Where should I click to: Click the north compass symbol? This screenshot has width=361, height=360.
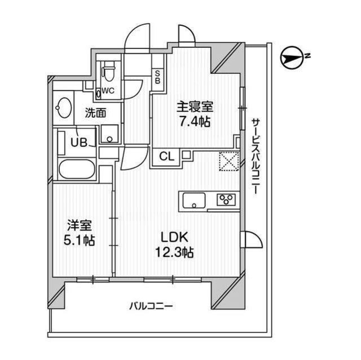click(292, 58)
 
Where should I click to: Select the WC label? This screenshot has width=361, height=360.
click(108, 91)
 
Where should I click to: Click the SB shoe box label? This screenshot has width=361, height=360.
click(158, 77)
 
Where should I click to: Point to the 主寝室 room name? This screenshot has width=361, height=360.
click(195, 107)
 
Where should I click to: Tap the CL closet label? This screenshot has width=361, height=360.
click(167, 157)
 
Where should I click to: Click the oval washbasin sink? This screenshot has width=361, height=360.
click(63, 108)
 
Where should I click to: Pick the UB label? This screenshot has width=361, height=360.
click(79, 143)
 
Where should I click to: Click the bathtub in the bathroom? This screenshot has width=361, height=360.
click(77, 169)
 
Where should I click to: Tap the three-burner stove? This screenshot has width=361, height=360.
click(226, 199)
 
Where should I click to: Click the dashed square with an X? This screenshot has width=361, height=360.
click(229, 161)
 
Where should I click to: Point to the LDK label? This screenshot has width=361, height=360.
click(174, 238)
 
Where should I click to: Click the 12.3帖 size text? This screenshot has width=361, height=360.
click(174, 252)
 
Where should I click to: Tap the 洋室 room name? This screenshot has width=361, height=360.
click(80, 226)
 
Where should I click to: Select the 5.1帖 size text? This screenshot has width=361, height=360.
click(79, 241)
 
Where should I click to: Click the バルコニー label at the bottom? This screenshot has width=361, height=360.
click(151, 306)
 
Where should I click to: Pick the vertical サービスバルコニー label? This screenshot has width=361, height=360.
click(256, 156)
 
